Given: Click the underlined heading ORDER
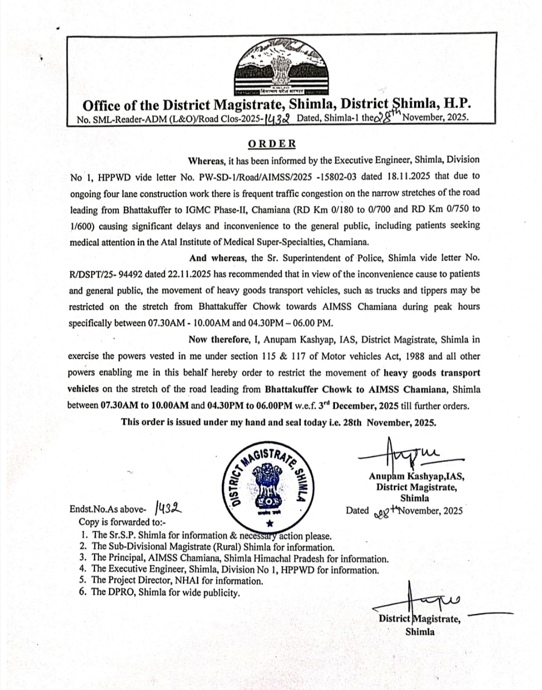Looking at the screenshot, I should [x=272, y=144].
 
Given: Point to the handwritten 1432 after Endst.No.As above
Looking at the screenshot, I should [x=171, y=507].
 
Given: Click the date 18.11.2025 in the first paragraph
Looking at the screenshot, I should [x=411, y=176].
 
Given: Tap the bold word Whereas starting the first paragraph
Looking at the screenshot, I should [x=206, y=160].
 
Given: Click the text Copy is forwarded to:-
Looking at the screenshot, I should [x=122, y=522].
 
